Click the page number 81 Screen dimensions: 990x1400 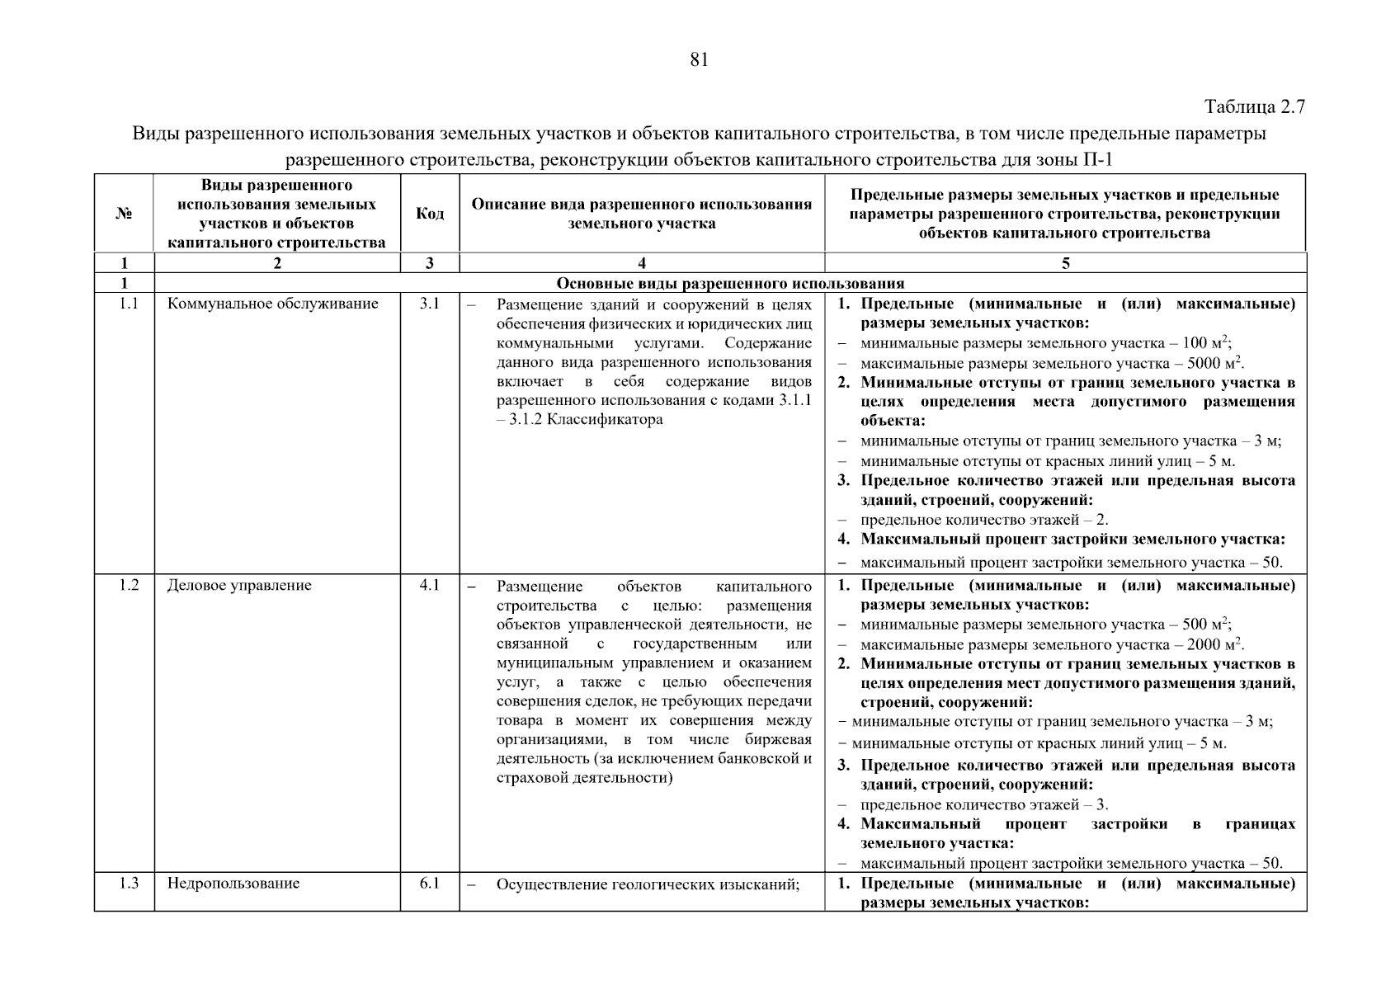click(x=698, y=60)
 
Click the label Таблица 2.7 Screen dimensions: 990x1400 click(x=1254, y=107)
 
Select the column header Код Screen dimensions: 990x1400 click(x=429, y=214)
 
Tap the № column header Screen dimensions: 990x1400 click(x=124, y=214)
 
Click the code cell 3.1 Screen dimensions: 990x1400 click(x=429, y=304)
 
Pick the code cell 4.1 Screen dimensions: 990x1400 click(x=429, y=585)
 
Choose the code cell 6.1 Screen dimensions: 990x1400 click(x=429, y=884)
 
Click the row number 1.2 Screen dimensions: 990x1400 click(x=128, y=585)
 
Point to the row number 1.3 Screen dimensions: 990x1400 click(x=128, y=884)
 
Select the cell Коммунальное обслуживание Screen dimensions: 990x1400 click(x=272, y=304)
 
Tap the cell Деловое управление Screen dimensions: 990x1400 click(x=239, y=586)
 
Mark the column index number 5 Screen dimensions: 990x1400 click(x=1065, y=264)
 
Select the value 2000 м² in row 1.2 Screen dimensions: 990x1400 click(x=1214, y=644)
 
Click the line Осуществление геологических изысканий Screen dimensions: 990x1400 click(x=648, y=884)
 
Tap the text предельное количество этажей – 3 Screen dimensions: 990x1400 click(x=983, y=804)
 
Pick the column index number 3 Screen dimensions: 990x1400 click(x=429, y=264)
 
